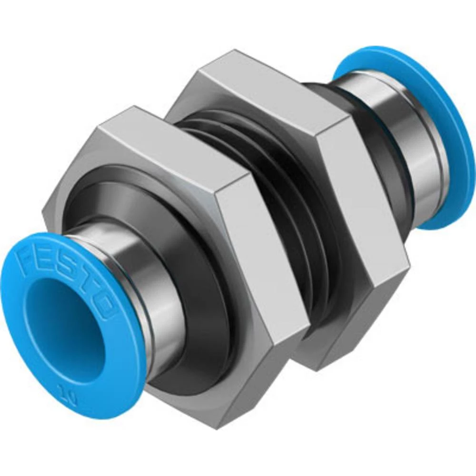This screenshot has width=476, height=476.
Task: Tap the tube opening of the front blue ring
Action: [62, 328]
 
